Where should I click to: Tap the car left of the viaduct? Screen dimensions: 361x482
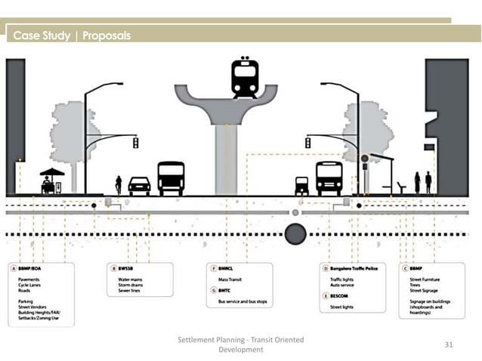click(139, 186)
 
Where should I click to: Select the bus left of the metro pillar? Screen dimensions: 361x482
click(171, 179)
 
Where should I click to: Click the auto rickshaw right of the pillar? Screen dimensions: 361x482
click(301, 186)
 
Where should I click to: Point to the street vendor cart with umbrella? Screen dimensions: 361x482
click(51, 182)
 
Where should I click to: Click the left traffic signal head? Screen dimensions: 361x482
click(135, 143)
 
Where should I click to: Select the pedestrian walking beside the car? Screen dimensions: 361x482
click(118, 185)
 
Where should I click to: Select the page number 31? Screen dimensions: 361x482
click(449, 344)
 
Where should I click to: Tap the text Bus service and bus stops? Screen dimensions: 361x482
click(237, 302)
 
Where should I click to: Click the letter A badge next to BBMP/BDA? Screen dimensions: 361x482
click(13, 267)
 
